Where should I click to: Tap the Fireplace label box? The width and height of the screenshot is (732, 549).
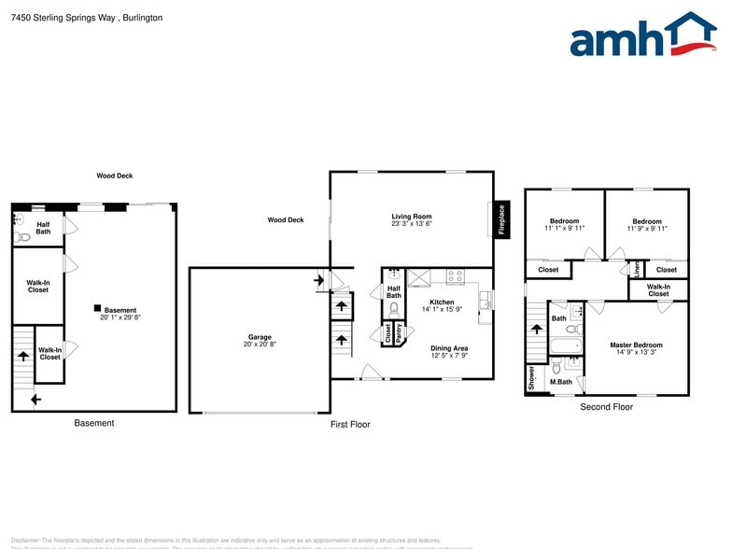coord(501,219)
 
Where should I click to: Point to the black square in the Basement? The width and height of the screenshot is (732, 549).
coord(96,308)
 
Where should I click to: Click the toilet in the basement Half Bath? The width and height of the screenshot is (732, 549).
coord(22,237)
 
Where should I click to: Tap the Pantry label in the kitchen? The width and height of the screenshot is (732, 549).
coord(399,334)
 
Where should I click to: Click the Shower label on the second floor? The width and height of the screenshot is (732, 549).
coord(531,375)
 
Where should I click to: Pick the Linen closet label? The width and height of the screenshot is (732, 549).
coord(638,269)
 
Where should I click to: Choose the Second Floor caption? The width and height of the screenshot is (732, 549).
coord(606,407)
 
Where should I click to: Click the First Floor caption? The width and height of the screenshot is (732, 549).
coord(350,424)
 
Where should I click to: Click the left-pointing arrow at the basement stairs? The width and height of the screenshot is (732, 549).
coord(35,400)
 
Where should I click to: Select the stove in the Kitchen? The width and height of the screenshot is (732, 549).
coord(456,275)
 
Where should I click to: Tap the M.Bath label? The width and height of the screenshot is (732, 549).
coord(560,382)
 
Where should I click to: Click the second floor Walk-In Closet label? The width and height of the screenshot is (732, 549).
coord(658,289)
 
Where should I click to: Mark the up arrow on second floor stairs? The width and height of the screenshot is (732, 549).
coord(536,329)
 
